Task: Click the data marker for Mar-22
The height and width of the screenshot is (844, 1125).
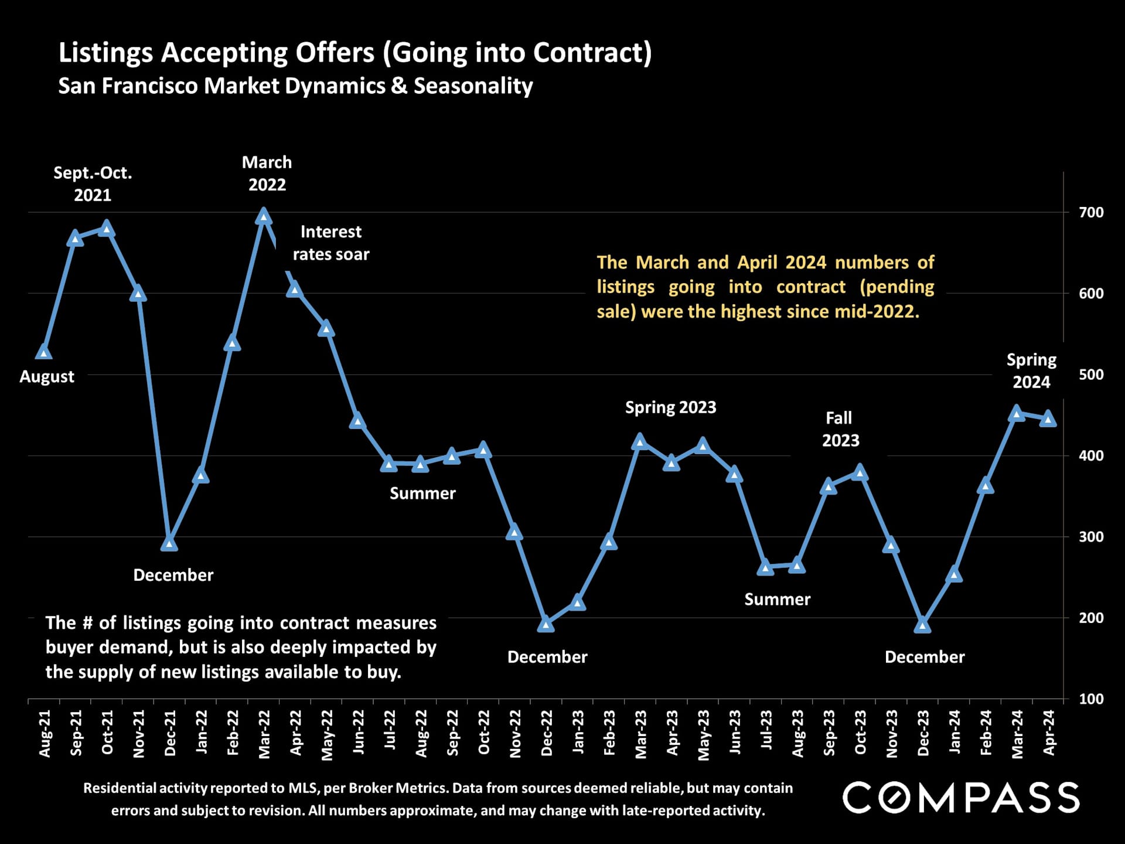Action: tap(264, 217)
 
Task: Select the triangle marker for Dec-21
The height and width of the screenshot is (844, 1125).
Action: tap(169, 543)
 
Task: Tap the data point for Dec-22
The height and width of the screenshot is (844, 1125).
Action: tap(546, 624)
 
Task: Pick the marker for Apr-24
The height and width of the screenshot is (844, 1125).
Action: tap(1048, 419)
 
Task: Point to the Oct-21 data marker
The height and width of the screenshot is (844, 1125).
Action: tap(107, 228)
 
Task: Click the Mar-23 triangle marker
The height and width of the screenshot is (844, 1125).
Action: tap(640, 441)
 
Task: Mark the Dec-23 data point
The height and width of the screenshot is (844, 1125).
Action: tap(923, 625)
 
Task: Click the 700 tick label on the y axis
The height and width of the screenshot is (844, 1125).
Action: tap(1091, 212)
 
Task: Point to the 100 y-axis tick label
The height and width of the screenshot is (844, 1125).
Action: tap(1091, 699)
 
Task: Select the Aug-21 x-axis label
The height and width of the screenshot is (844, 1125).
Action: tap(45, 733)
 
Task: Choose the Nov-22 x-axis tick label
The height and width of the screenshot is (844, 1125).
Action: tap(516, 733)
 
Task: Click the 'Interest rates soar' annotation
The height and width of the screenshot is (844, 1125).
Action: tap(331, 243)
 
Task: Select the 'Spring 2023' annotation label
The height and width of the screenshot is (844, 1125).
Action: tap(670, 407)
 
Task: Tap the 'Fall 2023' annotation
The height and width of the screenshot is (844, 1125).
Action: tap(840, 429)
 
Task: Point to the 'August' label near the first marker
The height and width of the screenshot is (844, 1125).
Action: tap(47, 376)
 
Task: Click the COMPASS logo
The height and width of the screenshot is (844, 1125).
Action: tap(961, 798)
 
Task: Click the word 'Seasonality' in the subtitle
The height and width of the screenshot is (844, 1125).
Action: tap(473, 86)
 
